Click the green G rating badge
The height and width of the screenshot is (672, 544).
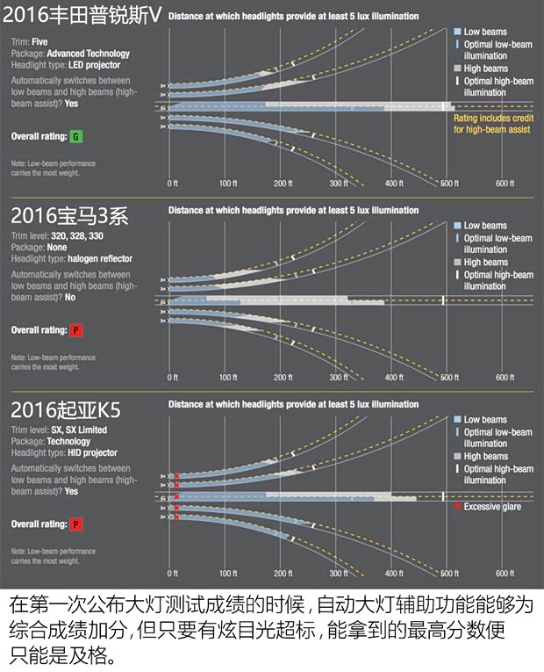point(75,137)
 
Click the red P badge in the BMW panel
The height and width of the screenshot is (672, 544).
point(75,330)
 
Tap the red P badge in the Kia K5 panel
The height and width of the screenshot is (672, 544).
point(75,524)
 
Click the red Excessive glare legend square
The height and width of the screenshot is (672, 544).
point(456,507)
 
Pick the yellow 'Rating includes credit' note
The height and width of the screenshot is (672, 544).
point(491,123)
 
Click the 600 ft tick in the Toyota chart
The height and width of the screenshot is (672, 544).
point(505,184)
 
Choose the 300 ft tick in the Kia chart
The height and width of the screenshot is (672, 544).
point(339,573)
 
